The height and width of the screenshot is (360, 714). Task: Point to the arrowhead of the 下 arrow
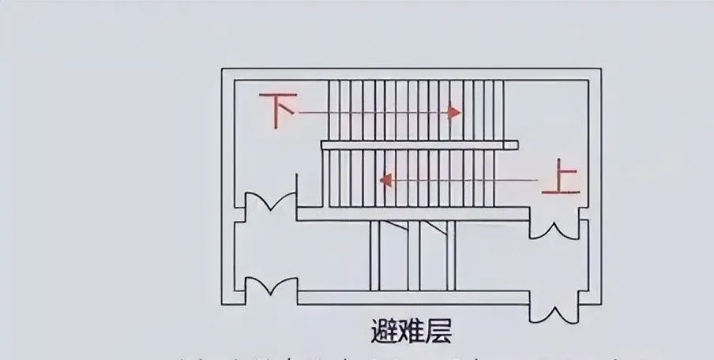pos(454,112)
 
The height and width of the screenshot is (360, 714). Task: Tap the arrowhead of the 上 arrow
pos(386,181)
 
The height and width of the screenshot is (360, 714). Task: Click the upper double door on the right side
pos(553,226)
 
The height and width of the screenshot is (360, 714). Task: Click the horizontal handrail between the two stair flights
pos(419,144)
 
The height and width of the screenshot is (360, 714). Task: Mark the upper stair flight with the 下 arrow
pos(415,109)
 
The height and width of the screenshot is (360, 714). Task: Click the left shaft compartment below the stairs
pos(392,257)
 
